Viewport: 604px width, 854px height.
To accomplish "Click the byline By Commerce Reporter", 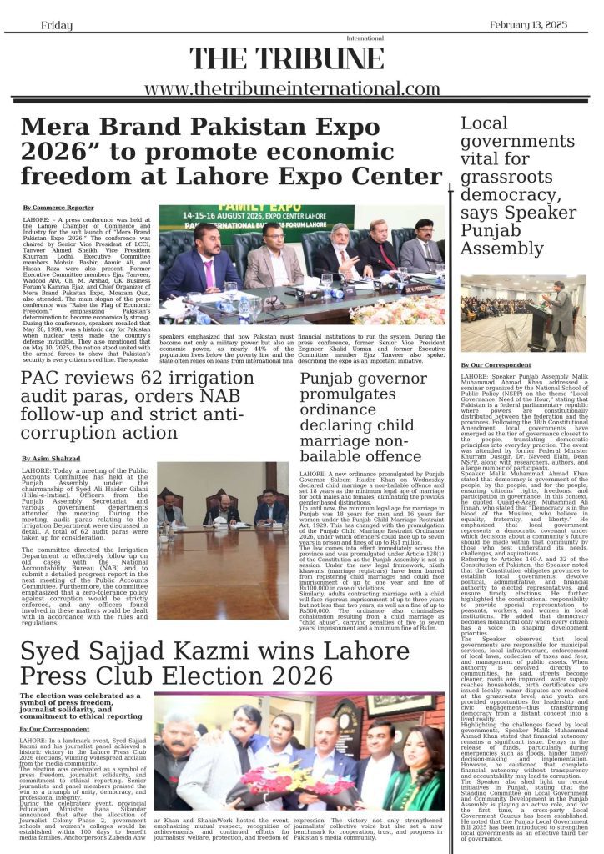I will click(58, 207).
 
